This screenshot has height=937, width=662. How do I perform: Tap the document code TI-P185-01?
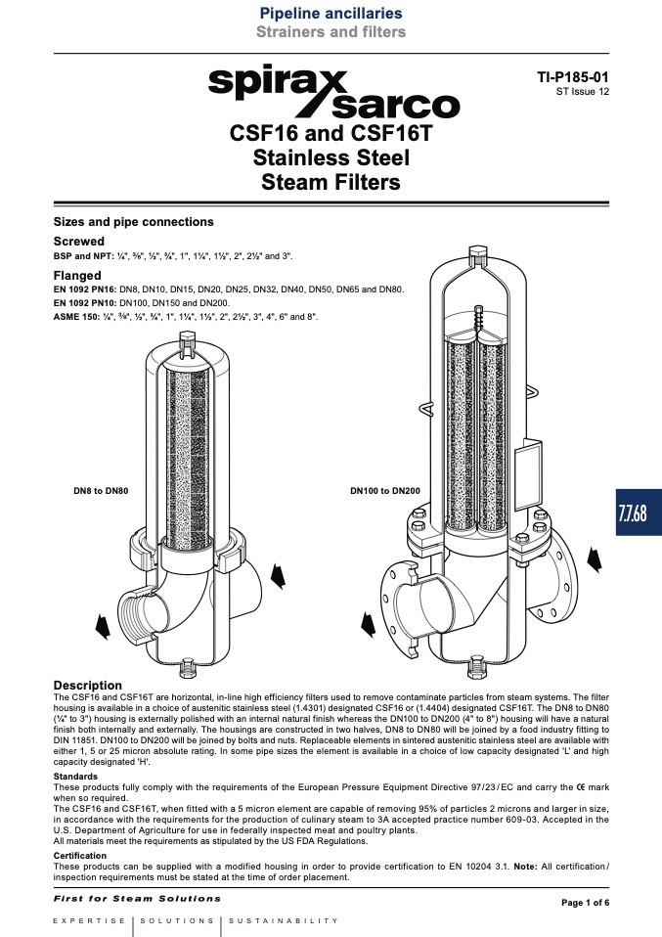(x=573, y=77)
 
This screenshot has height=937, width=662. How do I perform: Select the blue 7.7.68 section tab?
(x=639, y=513)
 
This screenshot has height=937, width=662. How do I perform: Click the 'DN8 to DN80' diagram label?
(x=101, y=491)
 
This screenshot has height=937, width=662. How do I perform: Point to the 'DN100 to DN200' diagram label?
(x=385, y=491)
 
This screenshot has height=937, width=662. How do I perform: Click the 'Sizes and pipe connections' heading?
(x=133, y=222)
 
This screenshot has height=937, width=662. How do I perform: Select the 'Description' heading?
(x=88, y=686)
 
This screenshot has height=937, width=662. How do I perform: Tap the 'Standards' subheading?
(x=75, y=777)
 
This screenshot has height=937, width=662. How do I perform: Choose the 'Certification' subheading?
(x=80, y=856)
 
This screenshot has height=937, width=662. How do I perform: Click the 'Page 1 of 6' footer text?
(x=586, y=903)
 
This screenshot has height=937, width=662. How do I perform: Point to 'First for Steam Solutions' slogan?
(x=137, y=898)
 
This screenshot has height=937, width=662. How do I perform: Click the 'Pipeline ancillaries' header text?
(x=331, y=13)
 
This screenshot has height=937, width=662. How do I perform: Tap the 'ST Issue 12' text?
(x=583, y=91)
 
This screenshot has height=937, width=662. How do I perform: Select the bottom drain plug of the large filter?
(x=477, y=664)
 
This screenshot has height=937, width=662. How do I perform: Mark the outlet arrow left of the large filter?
(x=369, y=624)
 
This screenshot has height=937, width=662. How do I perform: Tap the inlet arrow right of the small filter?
(x=279, y=576)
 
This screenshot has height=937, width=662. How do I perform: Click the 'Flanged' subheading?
(x=77, y=276)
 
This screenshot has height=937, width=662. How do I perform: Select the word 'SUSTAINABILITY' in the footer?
(x=284, y=921)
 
